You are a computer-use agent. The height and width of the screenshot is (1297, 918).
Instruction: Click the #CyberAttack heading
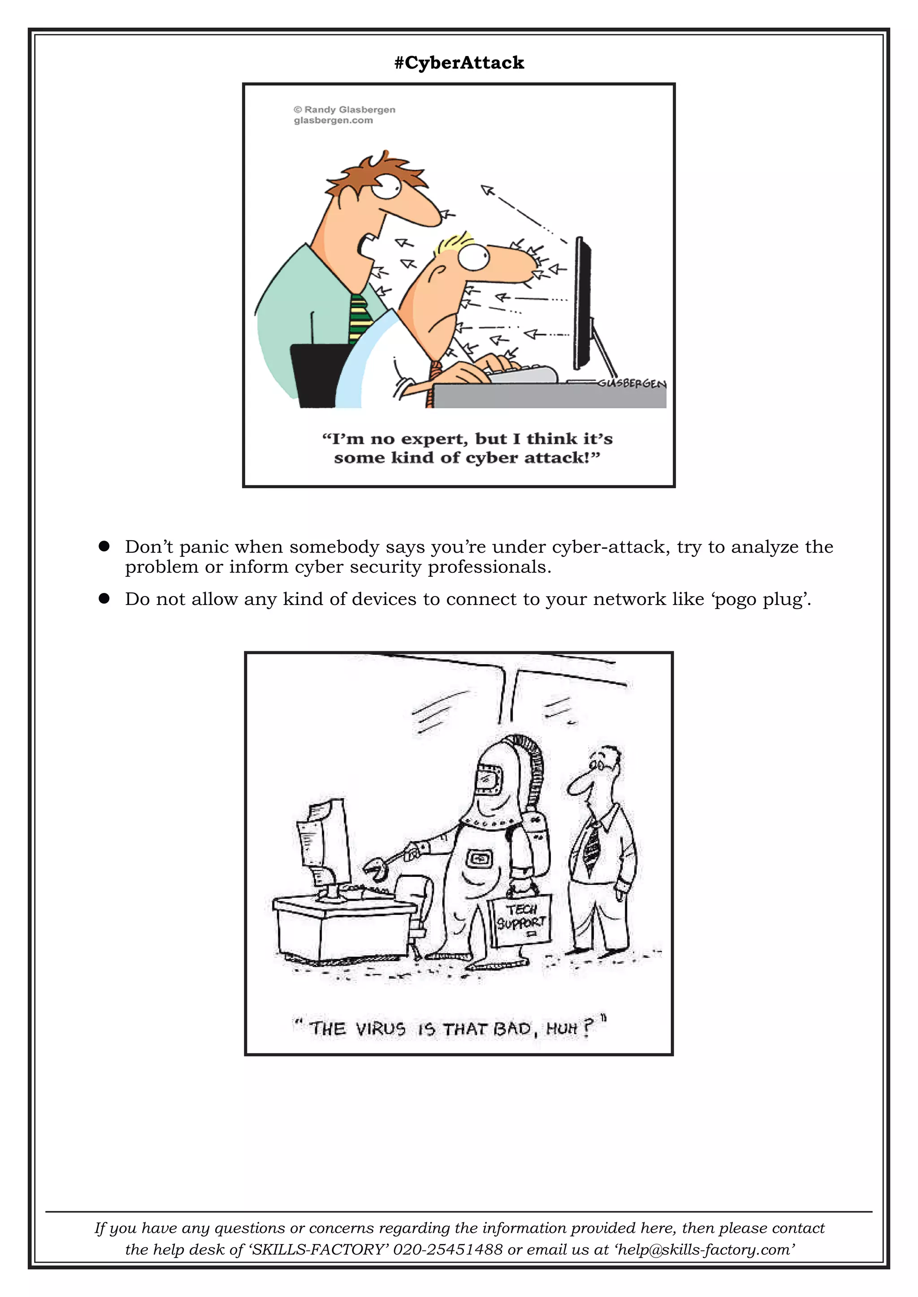[459, 63]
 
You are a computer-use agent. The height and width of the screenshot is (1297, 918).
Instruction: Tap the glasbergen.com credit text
[333, 120]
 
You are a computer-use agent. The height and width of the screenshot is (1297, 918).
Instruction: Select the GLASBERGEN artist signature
[632, 383]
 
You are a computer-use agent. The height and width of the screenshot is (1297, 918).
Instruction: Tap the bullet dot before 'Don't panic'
[104, 546]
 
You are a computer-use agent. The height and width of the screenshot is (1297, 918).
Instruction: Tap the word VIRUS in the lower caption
[381, 1029]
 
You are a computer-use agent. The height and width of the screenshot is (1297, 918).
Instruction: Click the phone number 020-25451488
[448, 1249]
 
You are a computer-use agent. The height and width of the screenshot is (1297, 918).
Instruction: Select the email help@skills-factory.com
[706, 1249]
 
